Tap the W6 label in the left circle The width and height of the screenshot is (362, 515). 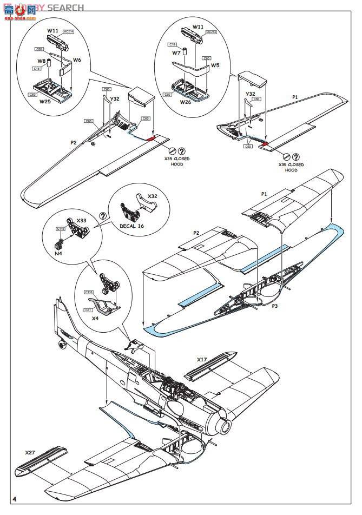(77, 60)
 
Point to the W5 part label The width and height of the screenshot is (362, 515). (215, 65)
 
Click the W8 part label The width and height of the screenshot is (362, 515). (41, 61)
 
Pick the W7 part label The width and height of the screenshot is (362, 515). (176, 54)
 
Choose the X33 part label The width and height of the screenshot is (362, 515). (82, 221)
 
